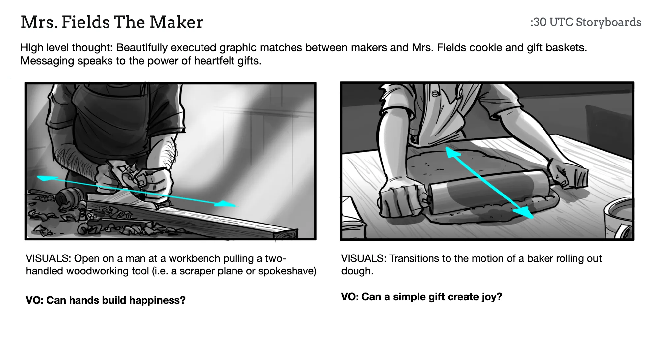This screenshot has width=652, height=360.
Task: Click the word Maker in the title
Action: [176, 22]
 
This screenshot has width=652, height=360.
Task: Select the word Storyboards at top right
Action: [608, 22]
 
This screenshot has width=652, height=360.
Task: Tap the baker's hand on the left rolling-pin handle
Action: [399, 199]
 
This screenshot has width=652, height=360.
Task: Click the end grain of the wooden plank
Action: [286, 234]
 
